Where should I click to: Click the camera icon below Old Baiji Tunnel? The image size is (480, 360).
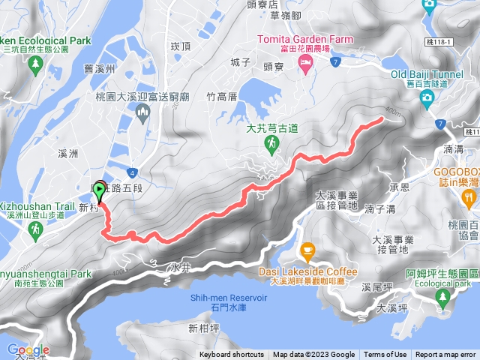click(x=427, y=97)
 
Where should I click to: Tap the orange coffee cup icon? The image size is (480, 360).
click(x=307, y=250)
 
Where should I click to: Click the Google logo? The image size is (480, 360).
click(x=28, y=350)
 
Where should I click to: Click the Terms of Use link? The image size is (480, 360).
click(x=385, y=355)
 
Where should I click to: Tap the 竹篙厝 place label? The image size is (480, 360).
click(x=222, y=97)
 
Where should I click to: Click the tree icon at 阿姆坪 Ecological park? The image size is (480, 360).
click(x=442, y=299)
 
